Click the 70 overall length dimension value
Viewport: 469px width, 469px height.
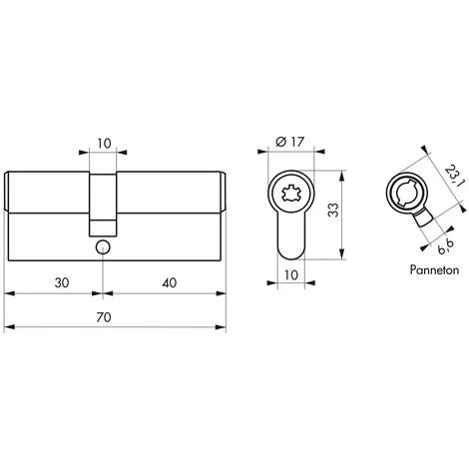(x=104, y=317)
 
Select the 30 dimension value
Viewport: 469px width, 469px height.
(x=62, y=283)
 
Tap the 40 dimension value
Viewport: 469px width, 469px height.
(x=170, y=283)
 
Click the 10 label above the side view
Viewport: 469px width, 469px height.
(x=104, y=144)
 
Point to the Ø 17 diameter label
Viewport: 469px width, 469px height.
(x=289, y=142)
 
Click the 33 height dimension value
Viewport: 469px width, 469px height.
(x=333, y=210)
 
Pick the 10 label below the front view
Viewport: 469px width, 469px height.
(x=291, y=275)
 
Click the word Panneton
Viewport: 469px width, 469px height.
(x=434, y=269)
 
